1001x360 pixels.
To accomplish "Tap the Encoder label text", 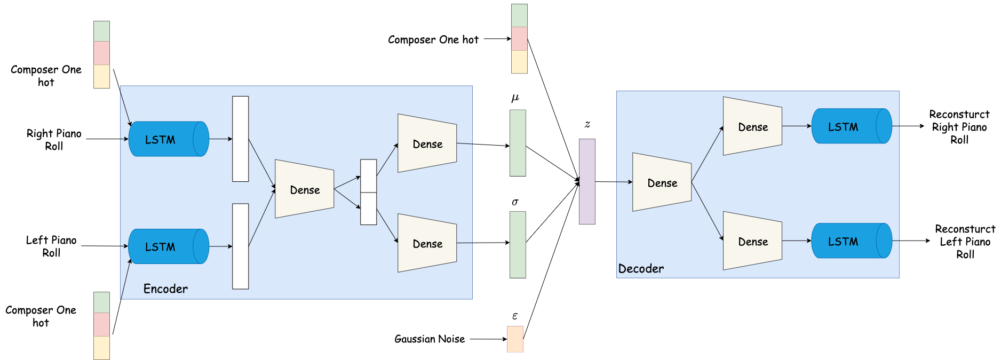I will pyautogui.click(x=165, y=289).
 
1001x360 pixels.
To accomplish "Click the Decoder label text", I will pyautogui.click(x=641, y=269).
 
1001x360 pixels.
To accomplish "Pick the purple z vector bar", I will pyautogui.click(x=587, y=181).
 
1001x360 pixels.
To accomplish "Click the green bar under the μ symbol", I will pyautogui.click(x=518, y=143).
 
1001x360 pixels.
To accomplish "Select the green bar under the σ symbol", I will pyautogui.click(x=518, y=245).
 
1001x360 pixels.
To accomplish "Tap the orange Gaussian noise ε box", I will pyautogui.click(x=515, y=339).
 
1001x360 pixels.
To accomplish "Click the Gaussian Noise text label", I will pyautogui.click(x=430, y=339).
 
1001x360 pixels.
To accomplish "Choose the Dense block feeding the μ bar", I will pyautogui.click(x=427, y=143).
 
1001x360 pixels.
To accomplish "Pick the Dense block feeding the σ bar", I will pyautogui.click(x=427, y=243).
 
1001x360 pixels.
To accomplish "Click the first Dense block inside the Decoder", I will pyautogui.click(x=662, y=182).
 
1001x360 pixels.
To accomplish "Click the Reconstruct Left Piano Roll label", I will pyautogui.click(x=965, y=242).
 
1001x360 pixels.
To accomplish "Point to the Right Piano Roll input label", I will pyautogui.click(x=54, y=140).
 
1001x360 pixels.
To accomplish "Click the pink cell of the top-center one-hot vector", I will pyautogui.click(x=519, y=38).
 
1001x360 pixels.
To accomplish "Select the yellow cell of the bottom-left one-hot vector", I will pyautogui.click(x=101, y=348).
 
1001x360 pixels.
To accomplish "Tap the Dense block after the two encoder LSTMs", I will pyautogui.click(x=304, y=189).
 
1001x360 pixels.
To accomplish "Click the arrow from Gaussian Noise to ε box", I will pyautogui.click(x=488, y=339).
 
